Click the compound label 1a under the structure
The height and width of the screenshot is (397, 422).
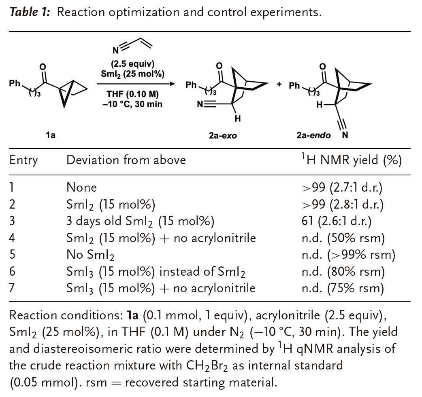(51, 135)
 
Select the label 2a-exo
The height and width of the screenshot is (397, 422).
(223, 135)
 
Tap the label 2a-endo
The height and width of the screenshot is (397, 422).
(313, 135)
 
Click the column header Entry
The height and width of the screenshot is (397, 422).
(23, 160)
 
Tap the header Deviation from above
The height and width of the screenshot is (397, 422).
(126, 160)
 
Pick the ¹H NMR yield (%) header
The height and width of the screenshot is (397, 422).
(349, 160)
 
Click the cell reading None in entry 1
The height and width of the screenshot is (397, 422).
(82, 188)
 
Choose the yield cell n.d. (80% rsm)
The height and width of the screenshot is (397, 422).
(340, 272)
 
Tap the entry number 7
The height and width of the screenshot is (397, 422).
(12, 288)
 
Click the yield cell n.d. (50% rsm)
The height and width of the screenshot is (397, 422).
(340, 238)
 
